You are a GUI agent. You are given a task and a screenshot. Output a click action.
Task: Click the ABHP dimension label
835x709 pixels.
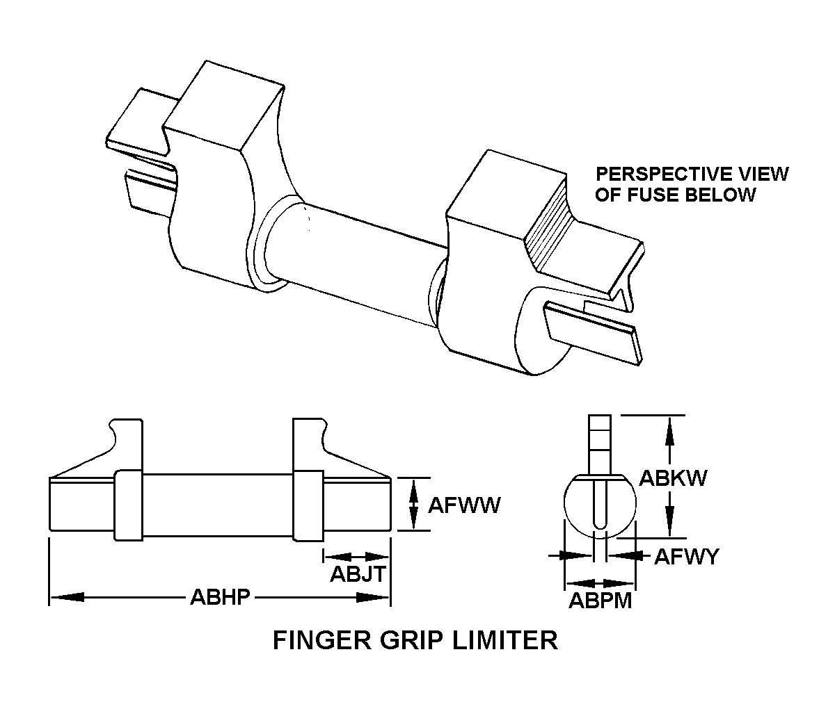tap(219, 597)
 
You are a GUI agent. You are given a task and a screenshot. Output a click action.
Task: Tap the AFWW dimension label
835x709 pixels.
tap(463, 505)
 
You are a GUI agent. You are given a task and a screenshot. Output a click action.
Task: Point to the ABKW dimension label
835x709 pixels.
tap(673, 478)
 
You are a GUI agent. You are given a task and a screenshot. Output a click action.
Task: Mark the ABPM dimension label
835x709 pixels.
tap(600, 601)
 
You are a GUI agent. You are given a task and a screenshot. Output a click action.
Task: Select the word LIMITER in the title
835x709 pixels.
tap(505, 639)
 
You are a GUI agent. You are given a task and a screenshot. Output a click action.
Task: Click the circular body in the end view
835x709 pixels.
tap(578, 507)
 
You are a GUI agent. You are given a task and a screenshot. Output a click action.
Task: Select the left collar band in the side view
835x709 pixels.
tap(129, 505)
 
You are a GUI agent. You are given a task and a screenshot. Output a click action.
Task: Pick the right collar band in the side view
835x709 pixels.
tap(308, 505)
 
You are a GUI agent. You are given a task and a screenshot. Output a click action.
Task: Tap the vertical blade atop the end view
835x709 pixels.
tap(600, 442)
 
